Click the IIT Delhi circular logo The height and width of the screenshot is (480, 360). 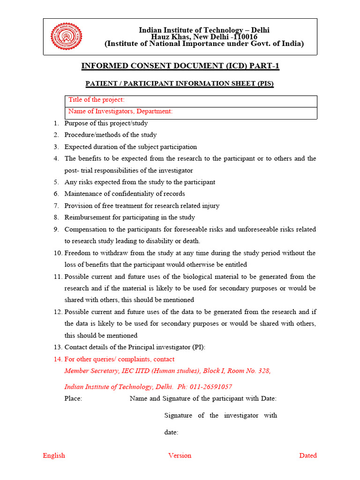tap(66, 37)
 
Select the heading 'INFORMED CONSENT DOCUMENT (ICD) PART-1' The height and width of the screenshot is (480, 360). tap(180, 66)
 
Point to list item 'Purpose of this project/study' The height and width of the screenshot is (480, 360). tap(106, 123)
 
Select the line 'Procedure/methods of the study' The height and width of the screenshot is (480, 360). tap(111, 135)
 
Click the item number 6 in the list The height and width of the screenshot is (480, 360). tap(56, 194)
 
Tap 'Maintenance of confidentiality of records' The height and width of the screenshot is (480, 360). tap(125, 194)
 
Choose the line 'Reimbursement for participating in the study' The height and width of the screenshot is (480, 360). tap(130, 217)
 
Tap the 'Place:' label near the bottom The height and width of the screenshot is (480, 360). tap(73, 398)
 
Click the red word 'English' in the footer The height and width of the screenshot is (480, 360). tap(54, 455)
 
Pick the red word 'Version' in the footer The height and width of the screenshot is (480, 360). tap(180, 455)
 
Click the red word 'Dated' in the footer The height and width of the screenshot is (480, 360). tap(308, 455)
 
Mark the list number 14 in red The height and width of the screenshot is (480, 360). tap(57, 359)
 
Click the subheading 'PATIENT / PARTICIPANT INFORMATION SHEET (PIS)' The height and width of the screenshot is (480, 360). tap(180, 84)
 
